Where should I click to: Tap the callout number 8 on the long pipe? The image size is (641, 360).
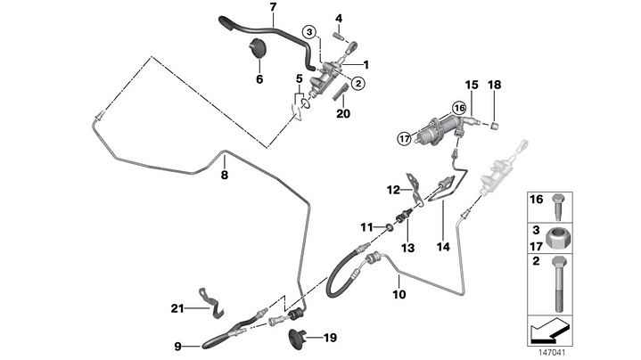[x=225, y=176]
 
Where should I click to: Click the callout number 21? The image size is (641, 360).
[x=177, y=308]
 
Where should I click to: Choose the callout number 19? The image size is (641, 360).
[x=330, y=338]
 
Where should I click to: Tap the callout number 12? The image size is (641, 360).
[x=393, y=190]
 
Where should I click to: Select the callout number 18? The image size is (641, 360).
[x=495, y=85]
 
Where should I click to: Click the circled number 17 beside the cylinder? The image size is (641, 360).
[x=404, y=138]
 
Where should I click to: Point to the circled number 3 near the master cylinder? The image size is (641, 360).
[x=308, y=32]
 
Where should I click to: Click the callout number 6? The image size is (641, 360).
[x=259, y=78]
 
